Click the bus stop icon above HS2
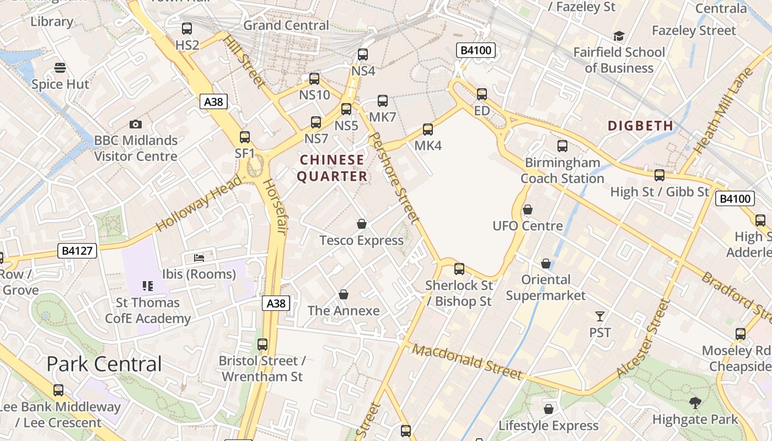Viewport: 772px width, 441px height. (187, 28)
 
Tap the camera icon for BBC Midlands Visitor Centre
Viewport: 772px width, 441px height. (136, 125)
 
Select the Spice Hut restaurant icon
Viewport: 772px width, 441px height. (60, 68)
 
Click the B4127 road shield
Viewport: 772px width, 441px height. (77, 251)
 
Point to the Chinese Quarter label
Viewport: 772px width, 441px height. (332, 168)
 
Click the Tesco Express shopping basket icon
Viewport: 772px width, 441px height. (362, 224)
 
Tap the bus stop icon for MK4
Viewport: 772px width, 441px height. (428, 130)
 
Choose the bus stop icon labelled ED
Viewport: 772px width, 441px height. (482, 94)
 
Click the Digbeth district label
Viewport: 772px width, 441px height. (641, 126)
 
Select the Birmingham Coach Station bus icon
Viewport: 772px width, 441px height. (562, 146)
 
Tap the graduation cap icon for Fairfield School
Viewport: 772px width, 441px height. (619, 36)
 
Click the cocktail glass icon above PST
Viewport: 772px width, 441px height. (600, 316)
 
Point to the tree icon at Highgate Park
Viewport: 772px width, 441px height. (695, 403)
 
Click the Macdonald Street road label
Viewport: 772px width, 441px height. (467, 362)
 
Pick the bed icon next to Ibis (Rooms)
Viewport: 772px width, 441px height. (199, 257)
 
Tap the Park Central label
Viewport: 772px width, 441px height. (104, 364)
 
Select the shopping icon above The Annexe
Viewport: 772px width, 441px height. (344, 294)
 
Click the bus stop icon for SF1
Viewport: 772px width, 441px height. (245, 137)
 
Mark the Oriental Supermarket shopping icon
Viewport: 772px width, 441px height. (546, 263)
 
